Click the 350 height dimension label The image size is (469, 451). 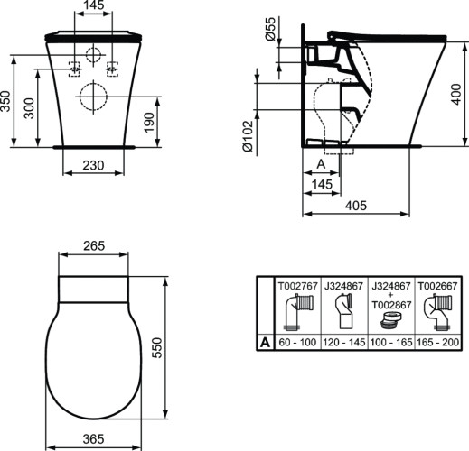pyautogui.click(x=8, y=100)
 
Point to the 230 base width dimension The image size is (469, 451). pyautogui.click(x=91, y=166)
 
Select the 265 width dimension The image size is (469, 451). pyautogui.click(x=92, y=246)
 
